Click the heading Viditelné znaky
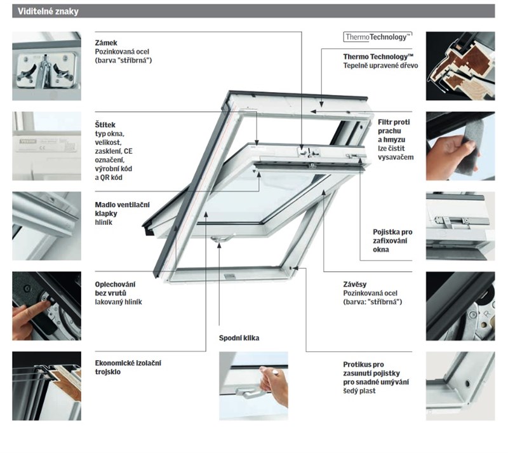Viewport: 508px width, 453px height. click(44, 11)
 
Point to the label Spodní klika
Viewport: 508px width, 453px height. click(239, 338)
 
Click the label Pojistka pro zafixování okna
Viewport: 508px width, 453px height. click(392, 241)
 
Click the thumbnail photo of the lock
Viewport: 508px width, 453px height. click(46, 66)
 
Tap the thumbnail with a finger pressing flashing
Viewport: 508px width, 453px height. click(46, 306)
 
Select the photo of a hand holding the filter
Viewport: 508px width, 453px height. click(460, 146)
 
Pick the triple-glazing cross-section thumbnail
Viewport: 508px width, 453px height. click(46, 386)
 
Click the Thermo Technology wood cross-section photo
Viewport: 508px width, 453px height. click(460, 66)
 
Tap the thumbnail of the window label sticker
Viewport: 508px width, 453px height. click(46, 146)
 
